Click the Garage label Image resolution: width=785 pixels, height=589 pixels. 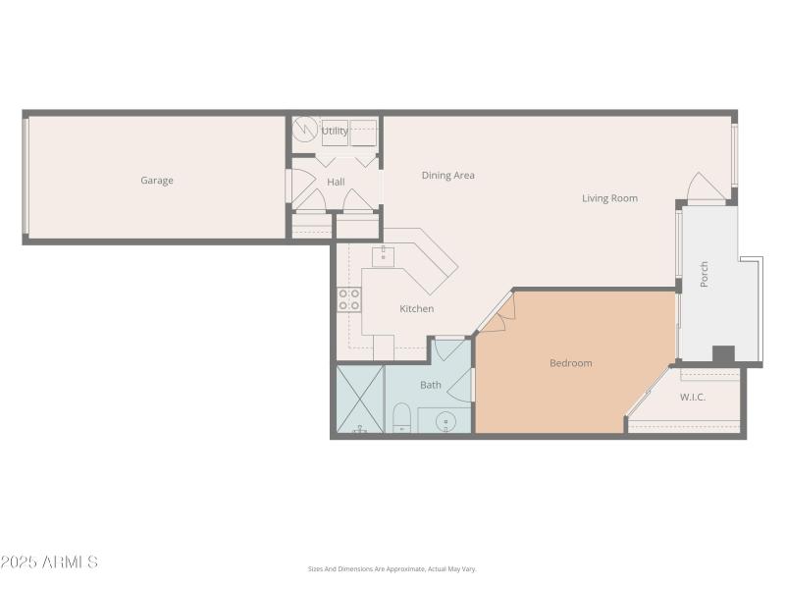(x=157, y=181)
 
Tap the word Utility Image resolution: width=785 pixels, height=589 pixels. (x=335, y=131)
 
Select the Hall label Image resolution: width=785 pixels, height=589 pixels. (x=336, y=182)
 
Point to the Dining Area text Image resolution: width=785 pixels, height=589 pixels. (x=448, y=176)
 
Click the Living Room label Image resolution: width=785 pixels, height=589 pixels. (x=609, y=198)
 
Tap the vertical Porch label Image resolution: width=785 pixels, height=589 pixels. (x=705, y=275)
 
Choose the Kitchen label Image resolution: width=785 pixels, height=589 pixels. (x=416, y=309)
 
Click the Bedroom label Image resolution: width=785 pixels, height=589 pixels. (x=570, y=363)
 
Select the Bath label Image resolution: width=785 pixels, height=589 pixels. (x=431, y=385)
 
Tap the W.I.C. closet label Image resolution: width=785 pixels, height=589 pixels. (x=694, y=398)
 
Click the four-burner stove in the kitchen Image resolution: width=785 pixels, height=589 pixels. (x=349, y=299)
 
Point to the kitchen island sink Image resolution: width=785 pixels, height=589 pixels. (x=383, y=257)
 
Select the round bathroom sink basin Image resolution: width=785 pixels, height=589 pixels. (x=445, y=422)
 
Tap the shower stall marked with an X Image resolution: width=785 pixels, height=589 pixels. (x=360, y=400)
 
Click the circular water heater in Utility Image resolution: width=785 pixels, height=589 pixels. (x=306, y=130)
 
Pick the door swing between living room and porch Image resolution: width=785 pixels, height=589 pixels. (x=706, y=188)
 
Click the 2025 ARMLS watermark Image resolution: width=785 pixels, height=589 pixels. (x=49, y=562)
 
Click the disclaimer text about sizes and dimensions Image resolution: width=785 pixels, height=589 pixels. (x=392, y=569)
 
